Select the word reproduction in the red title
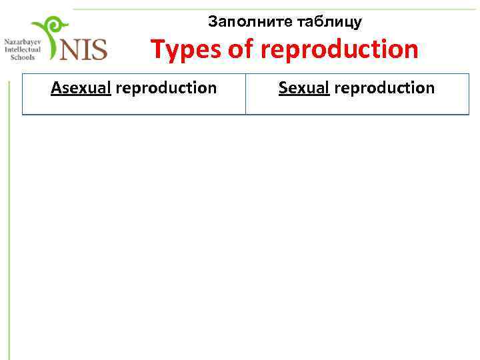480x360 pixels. click(340, 49)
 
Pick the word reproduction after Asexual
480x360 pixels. click(166, 88)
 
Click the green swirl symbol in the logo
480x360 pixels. click(51, 33)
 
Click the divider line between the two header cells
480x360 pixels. click(245, 93)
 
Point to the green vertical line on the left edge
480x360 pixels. click(8, 220)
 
